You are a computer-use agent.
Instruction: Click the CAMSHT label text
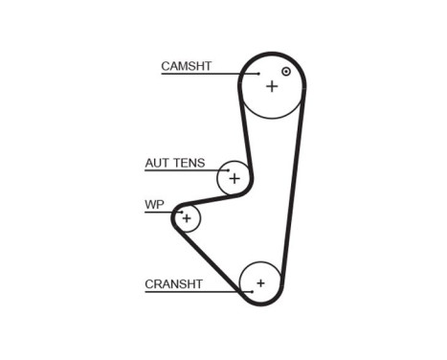186,66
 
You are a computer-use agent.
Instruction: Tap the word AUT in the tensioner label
155,163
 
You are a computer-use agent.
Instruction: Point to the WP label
153,204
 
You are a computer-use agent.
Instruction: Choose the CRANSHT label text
173,283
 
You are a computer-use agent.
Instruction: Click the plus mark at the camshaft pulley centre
272,86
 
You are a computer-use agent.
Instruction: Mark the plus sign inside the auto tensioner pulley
234,177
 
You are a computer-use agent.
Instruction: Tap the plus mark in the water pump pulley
188,219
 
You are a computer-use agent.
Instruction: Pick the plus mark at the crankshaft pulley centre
259,283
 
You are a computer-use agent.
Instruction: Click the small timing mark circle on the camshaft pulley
285,71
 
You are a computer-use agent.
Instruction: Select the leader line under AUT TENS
182,171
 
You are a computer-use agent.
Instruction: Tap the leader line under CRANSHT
191,291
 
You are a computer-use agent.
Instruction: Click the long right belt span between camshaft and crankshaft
294,191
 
